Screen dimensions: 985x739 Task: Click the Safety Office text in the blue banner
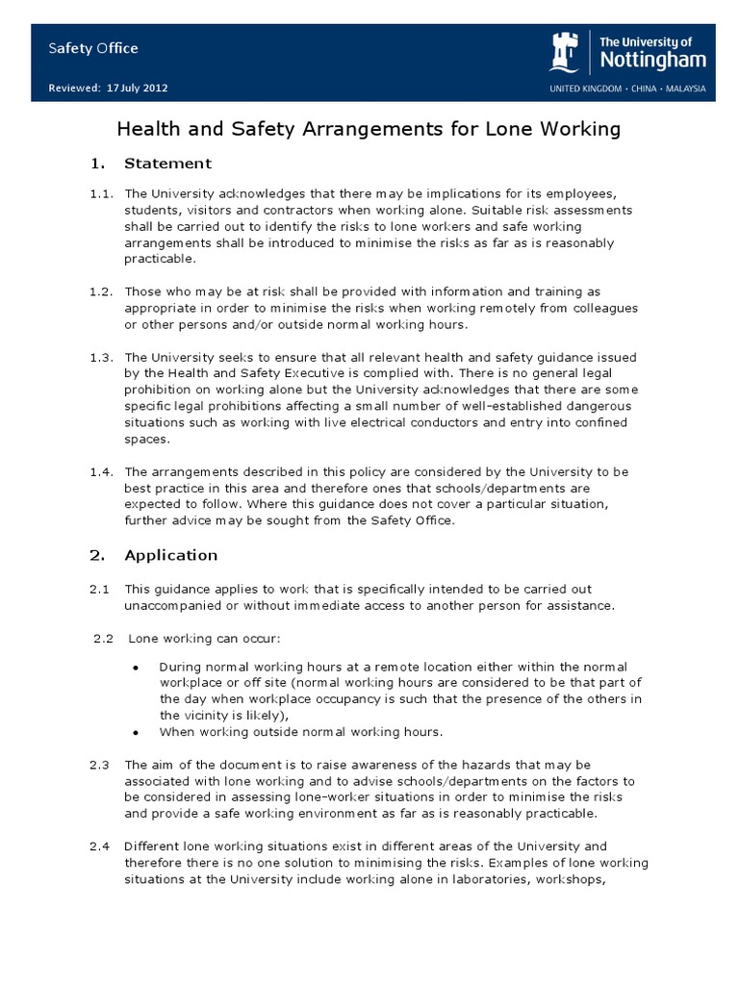click(x=93, y=48)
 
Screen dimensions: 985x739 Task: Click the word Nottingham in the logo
click(x=651, y=60)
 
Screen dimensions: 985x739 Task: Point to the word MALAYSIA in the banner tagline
click(x=685, y=88)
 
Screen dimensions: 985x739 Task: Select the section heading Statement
click(x=167, y=163)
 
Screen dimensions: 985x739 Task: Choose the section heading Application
click(x=171, y=555)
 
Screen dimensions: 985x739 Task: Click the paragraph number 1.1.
click(x=102, y=193)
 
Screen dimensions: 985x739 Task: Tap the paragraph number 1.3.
click(x=102, y=357)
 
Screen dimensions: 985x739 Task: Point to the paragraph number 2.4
click(x=101, y=846)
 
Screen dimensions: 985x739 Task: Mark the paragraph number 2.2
click(x=104, y=639)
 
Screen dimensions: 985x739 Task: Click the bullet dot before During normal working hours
click(x=136, y=667)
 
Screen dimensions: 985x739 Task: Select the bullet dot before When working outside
click(x=136, y=732)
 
